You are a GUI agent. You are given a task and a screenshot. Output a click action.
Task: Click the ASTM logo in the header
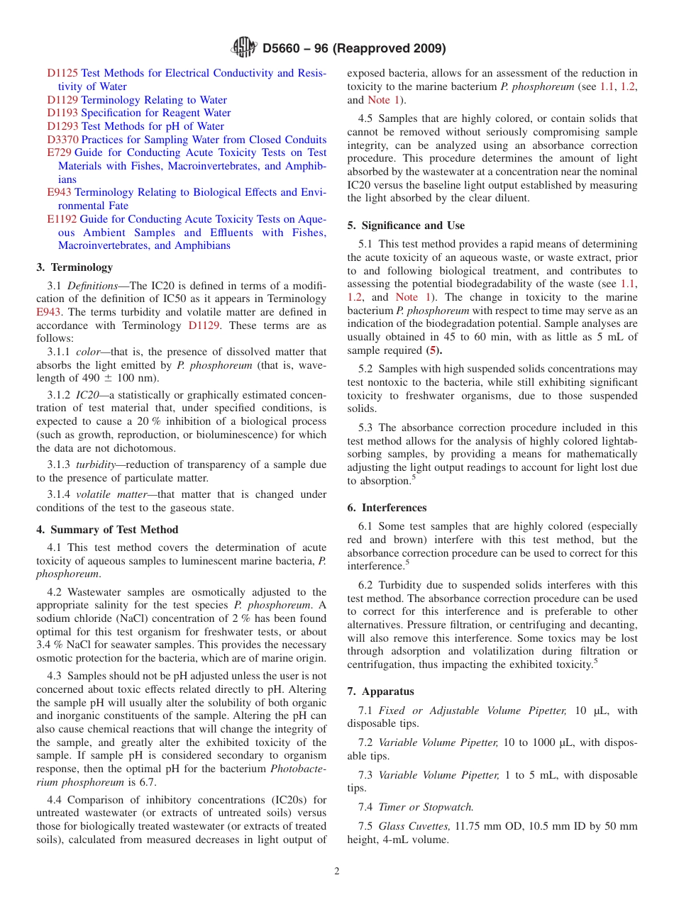click(244, 48)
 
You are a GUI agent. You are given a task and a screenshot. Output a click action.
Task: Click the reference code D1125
click(62, 73)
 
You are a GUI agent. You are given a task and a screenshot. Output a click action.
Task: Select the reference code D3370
click(62, 140)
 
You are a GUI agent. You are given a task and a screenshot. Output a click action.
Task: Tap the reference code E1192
click(62, 219)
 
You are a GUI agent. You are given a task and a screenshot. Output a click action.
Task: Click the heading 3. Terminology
click(74, 267)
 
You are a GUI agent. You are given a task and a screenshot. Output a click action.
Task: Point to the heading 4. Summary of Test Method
click(107, 530)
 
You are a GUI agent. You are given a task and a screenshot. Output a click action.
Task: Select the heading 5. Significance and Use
click(406, 225)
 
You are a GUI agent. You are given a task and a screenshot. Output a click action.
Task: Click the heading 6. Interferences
click(387, 508)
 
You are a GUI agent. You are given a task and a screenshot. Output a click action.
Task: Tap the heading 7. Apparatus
click(380, 691)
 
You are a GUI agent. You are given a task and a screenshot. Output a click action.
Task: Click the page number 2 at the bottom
click(337, 872)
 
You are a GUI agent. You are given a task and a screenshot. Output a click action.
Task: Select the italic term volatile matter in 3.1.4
click(108, 494)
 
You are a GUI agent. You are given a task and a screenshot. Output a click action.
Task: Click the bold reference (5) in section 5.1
click(433, 351)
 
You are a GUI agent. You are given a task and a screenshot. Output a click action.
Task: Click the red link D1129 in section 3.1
click(204, 325)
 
